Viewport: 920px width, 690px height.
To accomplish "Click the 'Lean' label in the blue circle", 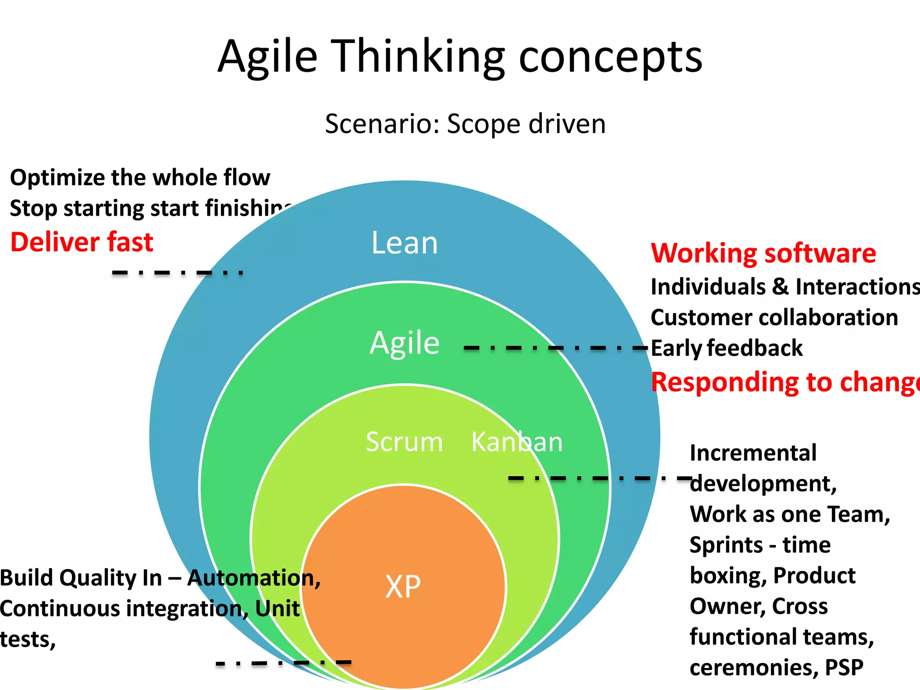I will coord(404,243).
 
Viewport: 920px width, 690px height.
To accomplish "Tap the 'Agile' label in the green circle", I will coord(404,343).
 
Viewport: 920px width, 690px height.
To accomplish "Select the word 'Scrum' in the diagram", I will coord(404,442).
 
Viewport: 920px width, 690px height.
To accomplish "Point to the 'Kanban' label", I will coord(517,442).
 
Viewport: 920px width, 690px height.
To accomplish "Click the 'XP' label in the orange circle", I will coord(403,587).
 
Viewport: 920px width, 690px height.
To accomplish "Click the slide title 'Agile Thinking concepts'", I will coord(460,57).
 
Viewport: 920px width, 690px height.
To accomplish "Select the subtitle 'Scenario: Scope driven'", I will coord(465,124).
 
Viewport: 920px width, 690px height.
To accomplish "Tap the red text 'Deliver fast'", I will coord(82,242).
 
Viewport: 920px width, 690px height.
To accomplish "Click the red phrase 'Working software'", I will coord(763,253).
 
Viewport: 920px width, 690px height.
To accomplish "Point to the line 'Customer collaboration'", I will coord(774,318).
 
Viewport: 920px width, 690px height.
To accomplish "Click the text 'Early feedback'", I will coord(726,348).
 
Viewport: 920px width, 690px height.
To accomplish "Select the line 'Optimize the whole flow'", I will coord(140,177).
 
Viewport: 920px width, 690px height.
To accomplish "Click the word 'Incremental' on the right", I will coord(753,453).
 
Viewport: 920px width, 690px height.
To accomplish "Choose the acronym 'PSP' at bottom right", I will coord(844,668).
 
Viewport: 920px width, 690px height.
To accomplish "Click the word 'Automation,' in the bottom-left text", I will coord(254,578).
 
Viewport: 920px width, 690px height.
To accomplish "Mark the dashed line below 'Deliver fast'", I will coord(177,272).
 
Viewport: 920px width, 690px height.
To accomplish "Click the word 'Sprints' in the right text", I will coord(726,545).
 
